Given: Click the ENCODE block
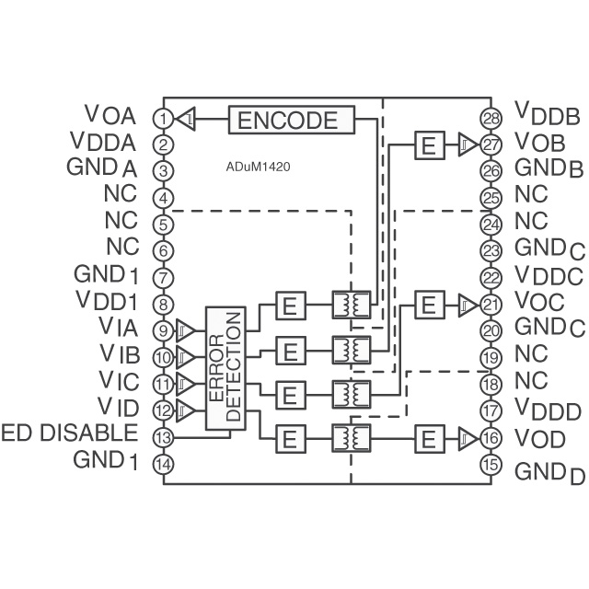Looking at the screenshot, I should tap(290, 120).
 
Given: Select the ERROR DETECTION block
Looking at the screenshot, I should tap(226, 368).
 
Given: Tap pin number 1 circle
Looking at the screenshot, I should tap(163, 118).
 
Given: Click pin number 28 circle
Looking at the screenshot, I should tap(491, 118).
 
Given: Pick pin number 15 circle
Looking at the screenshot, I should tap(491, 465).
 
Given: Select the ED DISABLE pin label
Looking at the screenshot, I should tap(70, 433).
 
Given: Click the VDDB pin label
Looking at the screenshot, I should tap(547, 115).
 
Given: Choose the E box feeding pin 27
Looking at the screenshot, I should tap(427, 144).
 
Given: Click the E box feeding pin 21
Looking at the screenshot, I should tap(427, 303).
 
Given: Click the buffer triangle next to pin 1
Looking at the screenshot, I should tap(186, 119).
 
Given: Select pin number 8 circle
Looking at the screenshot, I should tap(163, 303).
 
